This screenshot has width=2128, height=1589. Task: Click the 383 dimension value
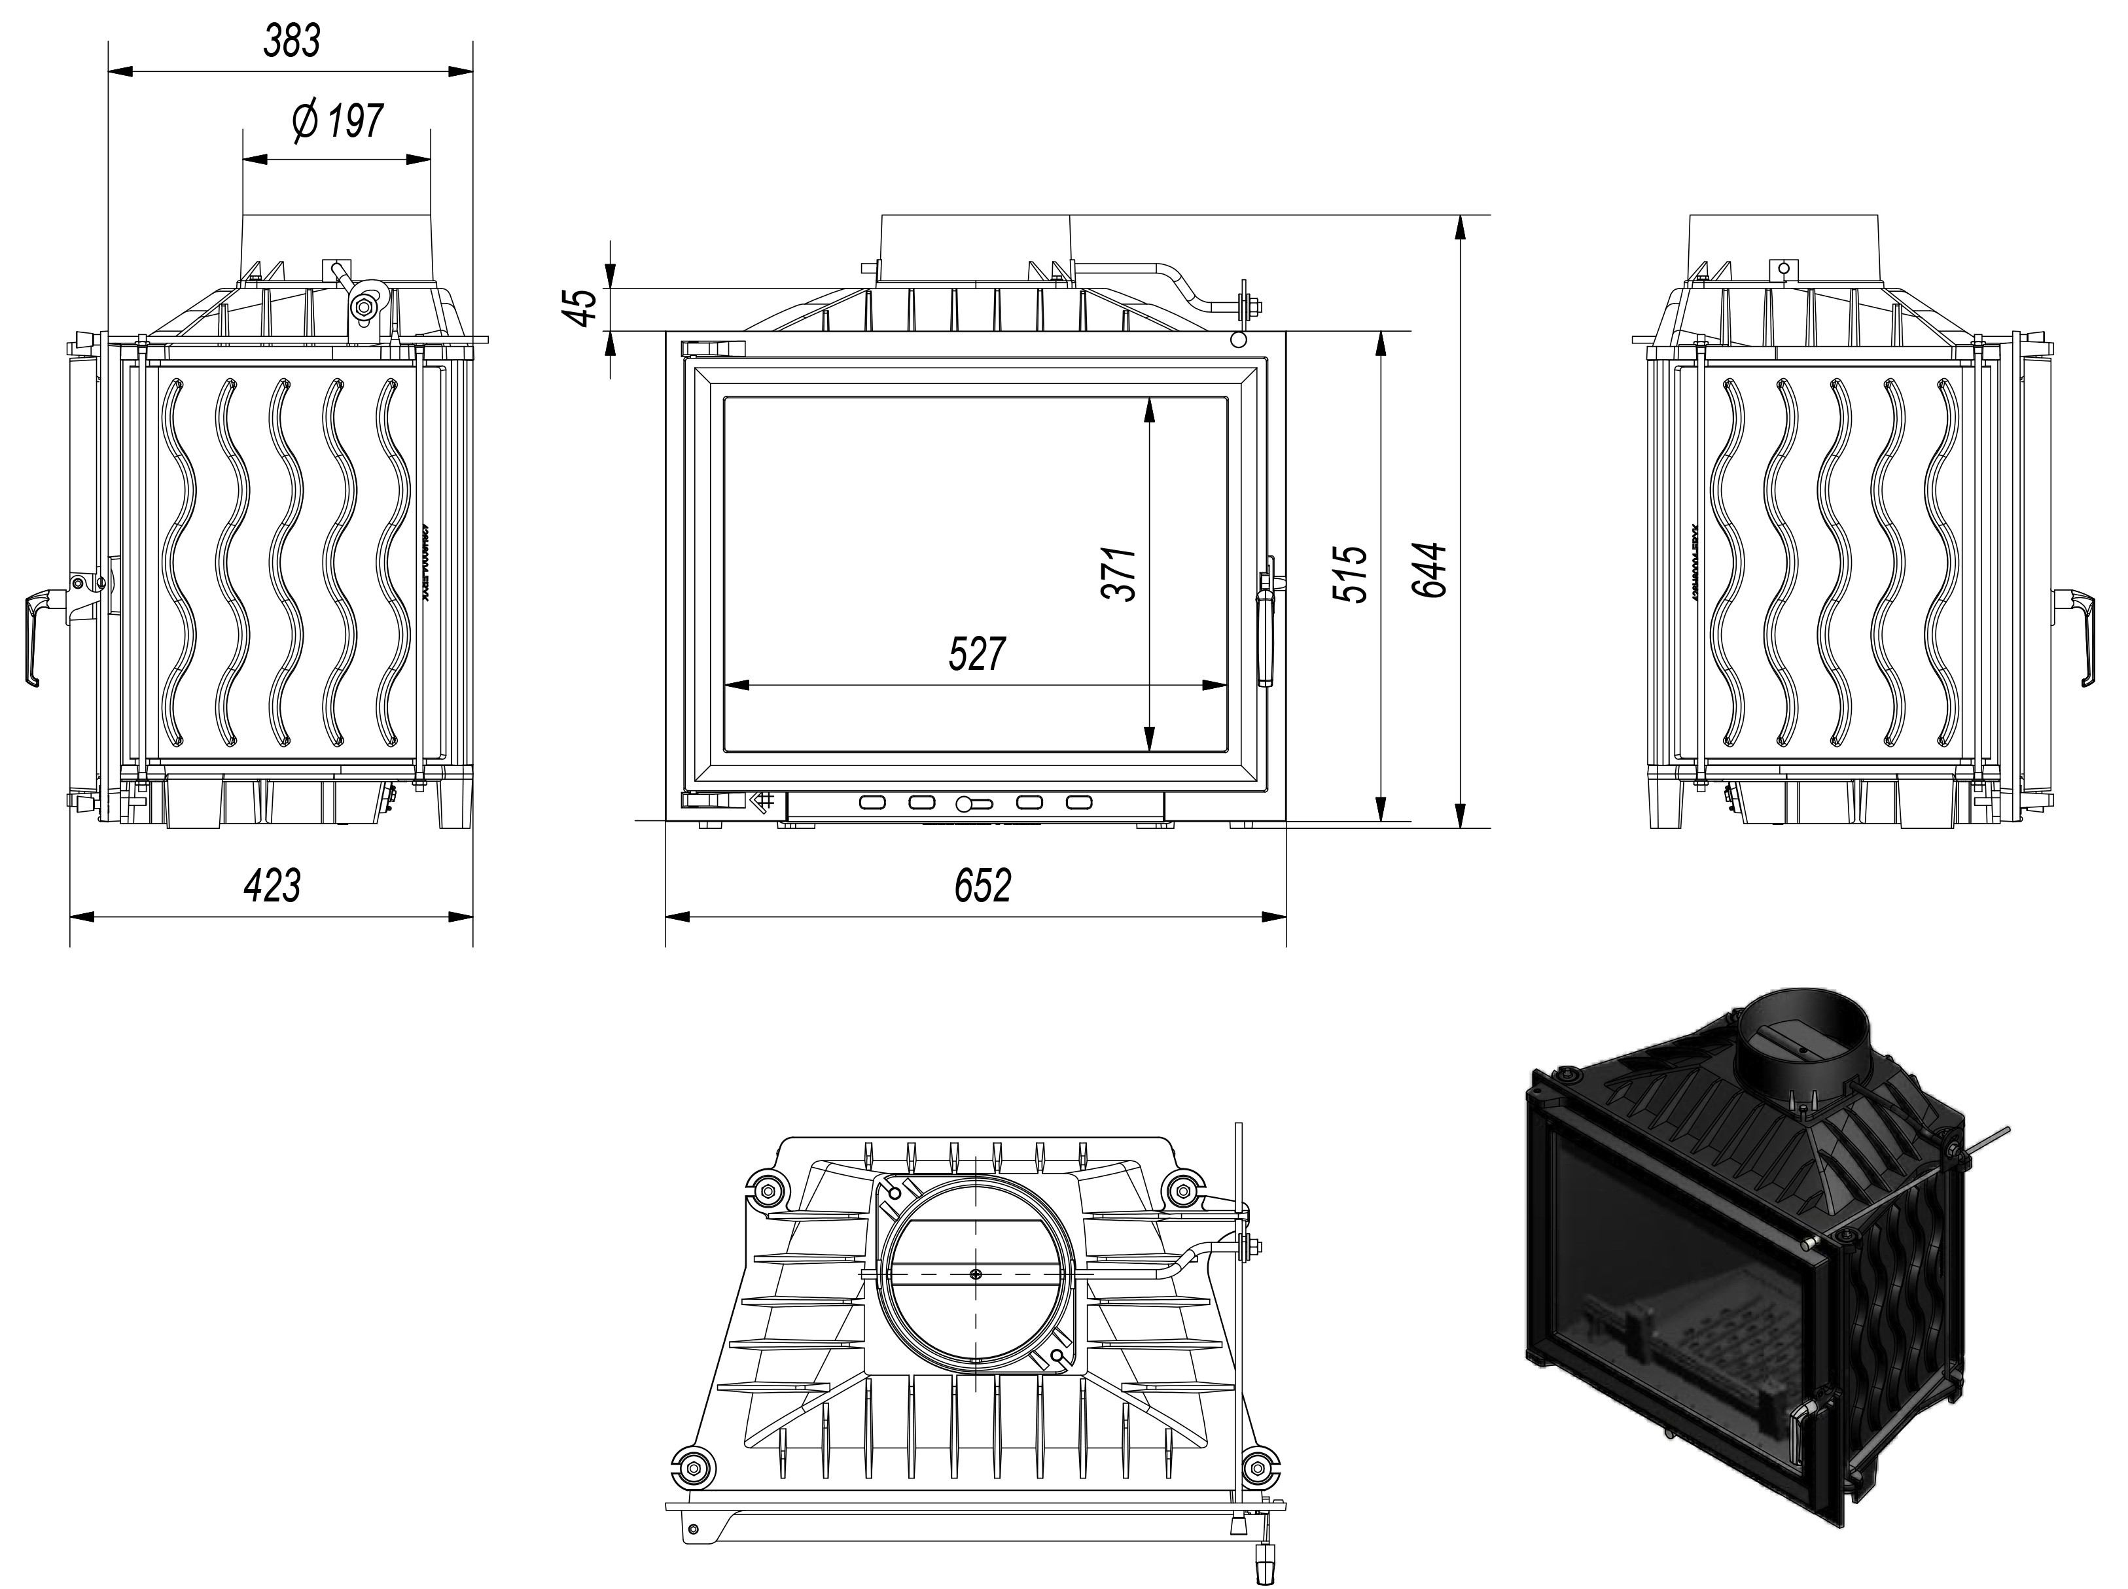[293, 41]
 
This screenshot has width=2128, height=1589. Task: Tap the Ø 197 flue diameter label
[338, 121]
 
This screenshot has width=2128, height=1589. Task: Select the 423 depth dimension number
[272, 885]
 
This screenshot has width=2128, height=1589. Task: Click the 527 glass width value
[976, 654]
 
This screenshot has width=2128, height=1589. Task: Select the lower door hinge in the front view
[712, 799]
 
